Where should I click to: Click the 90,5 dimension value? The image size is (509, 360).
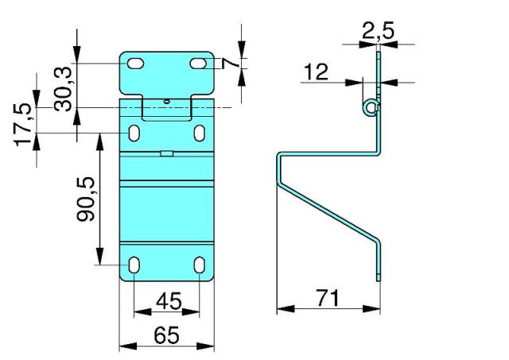coord(86,199)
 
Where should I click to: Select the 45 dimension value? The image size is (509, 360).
coord(169,301)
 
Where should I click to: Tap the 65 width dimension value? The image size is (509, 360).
coord(166,335)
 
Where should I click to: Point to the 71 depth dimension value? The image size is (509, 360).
coord(328,298)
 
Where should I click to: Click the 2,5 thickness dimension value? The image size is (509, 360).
coord(379,30)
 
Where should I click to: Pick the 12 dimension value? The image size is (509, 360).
coord(316,72)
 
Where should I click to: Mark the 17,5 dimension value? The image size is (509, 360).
coord(23,126)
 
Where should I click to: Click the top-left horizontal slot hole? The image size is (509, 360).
coord(135,64)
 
